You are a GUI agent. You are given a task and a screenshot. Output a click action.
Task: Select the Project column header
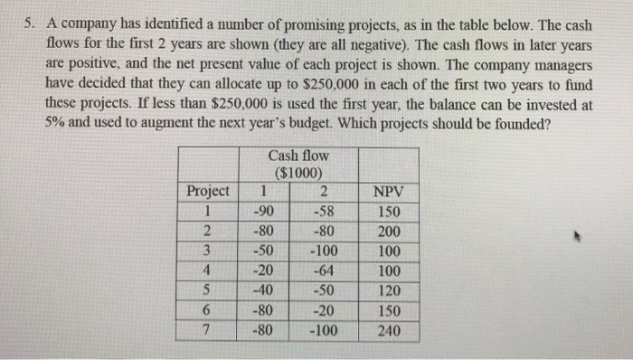coord(207,192)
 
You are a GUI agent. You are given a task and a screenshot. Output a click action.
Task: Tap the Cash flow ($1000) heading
coord(299,165)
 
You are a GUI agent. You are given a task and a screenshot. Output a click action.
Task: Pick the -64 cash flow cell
coord(322,271)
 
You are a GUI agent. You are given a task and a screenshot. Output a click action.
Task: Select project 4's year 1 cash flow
coord(262,271)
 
